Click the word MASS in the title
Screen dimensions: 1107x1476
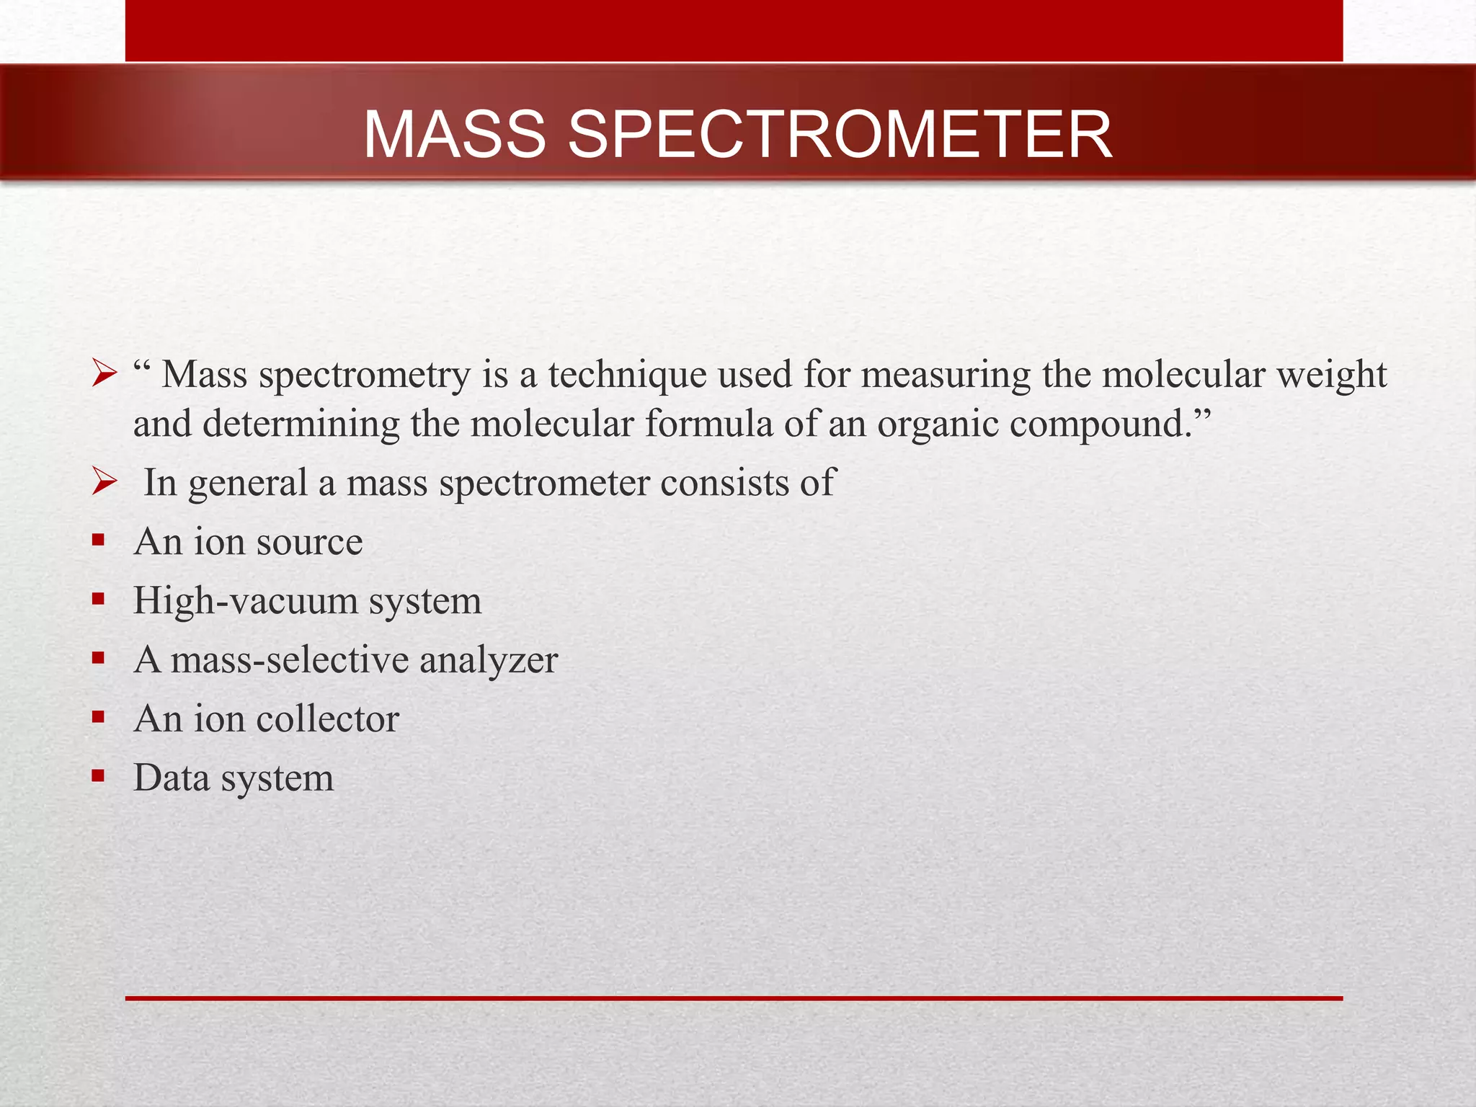455,135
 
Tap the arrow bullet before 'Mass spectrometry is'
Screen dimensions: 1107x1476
105,375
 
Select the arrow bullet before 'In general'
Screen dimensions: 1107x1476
105,482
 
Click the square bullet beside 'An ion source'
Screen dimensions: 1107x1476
99,540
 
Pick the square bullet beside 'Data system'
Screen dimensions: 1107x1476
99,776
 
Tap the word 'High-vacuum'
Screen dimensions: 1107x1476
245,601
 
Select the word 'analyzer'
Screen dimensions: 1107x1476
489,660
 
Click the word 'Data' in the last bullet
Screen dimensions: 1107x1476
172,778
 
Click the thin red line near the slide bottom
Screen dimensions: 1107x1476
734,998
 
